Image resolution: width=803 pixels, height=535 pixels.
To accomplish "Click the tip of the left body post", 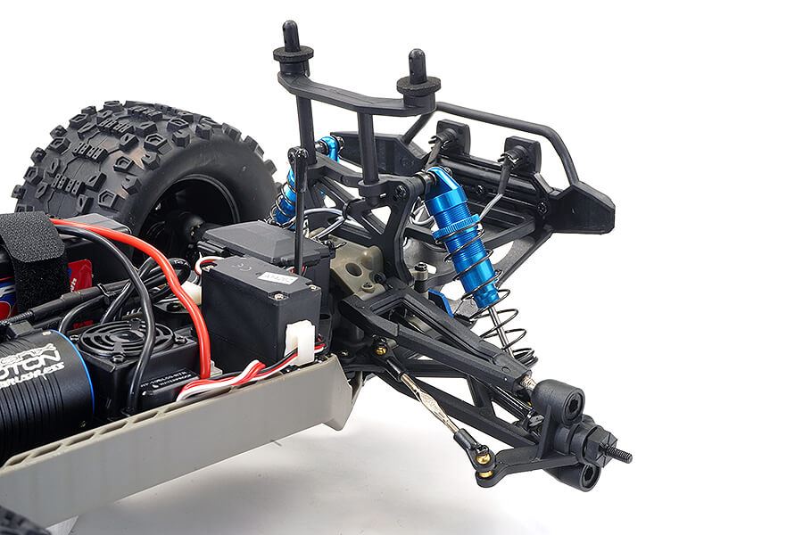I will tap(291, 29).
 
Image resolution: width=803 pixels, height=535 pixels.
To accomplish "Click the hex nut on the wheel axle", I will tap(597, 441).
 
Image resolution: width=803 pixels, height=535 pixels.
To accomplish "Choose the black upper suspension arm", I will tap(428, 321).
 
